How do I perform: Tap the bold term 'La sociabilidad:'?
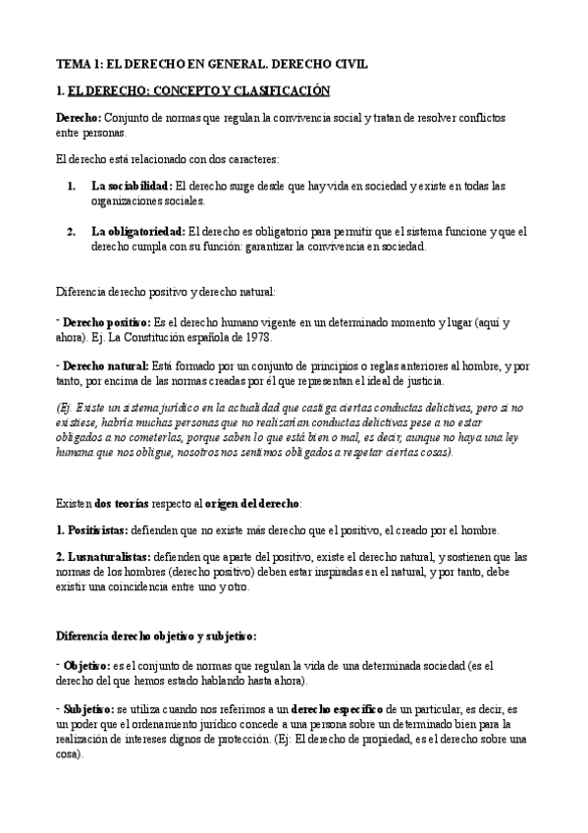pos(132,185)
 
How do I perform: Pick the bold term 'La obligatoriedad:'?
pos(137,233)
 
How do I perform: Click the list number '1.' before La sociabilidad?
pos(72,185)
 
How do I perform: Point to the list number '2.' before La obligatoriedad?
pos(72,233)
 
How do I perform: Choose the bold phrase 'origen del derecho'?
pos(252,503)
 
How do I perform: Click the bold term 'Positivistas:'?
pos(91,529)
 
